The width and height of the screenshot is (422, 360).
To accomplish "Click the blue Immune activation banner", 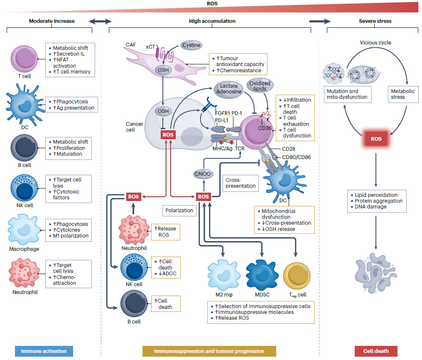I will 44,351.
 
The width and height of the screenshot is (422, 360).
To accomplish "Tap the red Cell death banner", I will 376,351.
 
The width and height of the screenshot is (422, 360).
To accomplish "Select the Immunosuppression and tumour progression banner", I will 209,351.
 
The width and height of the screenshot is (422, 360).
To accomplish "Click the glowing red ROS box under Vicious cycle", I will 376,139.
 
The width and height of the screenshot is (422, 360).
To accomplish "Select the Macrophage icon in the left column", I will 24,230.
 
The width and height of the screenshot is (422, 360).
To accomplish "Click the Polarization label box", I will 179,211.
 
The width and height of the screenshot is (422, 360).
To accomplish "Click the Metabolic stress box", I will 402,94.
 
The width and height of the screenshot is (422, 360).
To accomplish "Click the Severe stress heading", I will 375,21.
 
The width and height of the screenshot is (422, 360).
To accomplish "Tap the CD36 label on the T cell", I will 265,128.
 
